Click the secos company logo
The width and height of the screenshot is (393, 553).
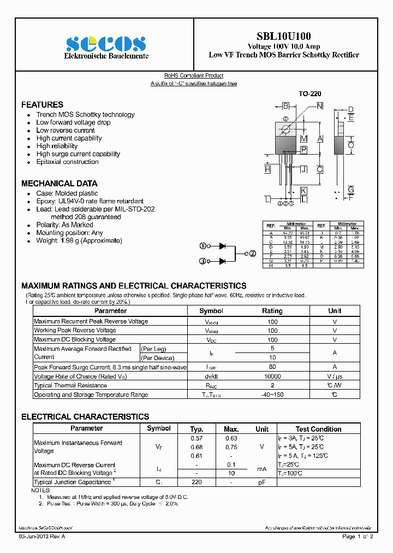click(106, 44)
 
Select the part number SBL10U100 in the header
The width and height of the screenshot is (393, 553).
click(284, 36)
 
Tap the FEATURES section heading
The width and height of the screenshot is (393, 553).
click(42, 104)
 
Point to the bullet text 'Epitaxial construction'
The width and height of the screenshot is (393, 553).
click(67, 162)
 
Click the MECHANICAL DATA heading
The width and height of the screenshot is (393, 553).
click(59, 184)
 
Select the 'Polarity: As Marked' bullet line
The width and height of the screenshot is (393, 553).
click(64, 225)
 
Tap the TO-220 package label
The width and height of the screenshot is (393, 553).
click(309, 94)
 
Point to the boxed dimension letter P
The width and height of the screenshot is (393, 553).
click(303, 150)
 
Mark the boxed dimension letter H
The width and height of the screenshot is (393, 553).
click(267, 169)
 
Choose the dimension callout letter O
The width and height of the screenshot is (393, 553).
click(351, 145)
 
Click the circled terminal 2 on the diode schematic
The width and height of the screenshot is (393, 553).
click(252, 254)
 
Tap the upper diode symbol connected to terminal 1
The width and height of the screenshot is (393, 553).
click(222, 246)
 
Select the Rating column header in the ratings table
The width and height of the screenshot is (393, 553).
click(272, 311)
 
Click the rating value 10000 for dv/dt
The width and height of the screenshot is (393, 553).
click(272, 376)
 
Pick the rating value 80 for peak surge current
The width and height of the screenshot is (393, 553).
click(272, 367)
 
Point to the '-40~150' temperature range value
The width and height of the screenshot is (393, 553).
click(272, 395)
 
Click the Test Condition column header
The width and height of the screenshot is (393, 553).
click(318, 429)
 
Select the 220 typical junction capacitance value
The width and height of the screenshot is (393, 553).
click(196, 482)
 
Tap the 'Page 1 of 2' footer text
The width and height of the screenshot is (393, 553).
click(358, 537)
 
